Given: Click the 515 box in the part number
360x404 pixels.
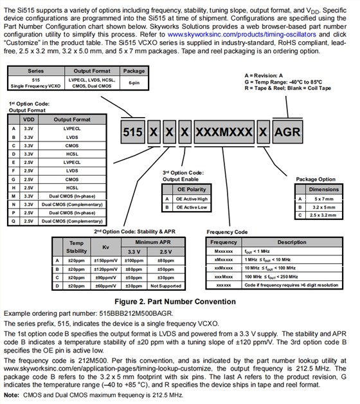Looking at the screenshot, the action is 132,132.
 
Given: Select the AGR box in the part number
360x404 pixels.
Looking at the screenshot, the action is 287,132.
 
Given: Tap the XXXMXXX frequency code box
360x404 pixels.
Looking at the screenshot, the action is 224,132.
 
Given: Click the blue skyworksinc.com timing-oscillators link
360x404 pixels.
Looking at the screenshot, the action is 242,35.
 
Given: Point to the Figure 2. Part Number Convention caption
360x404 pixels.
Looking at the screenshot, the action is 175,302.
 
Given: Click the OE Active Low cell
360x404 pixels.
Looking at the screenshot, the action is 192,207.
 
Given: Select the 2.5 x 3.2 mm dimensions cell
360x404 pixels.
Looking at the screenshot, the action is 324,215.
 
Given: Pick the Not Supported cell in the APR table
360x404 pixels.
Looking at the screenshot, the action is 166,286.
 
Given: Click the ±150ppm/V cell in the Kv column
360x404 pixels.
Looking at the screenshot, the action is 105,261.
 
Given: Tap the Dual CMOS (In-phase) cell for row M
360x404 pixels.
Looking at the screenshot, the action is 72,196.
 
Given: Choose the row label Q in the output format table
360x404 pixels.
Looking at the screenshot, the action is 14,221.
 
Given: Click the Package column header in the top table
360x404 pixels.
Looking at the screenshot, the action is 134,71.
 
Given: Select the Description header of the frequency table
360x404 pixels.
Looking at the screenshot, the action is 292,242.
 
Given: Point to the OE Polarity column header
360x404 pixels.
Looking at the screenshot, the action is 192,189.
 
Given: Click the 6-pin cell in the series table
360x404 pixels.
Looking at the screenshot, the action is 134,83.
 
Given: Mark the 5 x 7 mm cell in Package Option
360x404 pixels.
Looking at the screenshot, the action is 324,199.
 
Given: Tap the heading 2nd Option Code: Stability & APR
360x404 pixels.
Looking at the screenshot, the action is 134,232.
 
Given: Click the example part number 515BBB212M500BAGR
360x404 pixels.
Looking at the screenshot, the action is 136,313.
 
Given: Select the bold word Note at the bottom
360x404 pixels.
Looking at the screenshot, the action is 12,395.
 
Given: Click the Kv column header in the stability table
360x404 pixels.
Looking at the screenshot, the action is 105,247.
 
